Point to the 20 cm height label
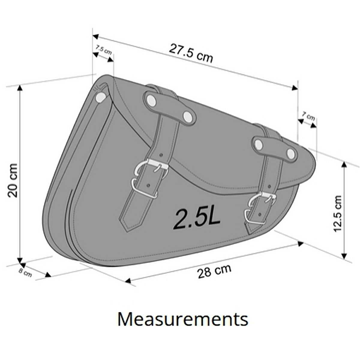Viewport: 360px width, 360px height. click(x=13, y=181)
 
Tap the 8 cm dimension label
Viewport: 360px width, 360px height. click(x=25, y=273)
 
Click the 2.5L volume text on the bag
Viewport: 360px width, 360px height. click(x=197, y=219)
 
